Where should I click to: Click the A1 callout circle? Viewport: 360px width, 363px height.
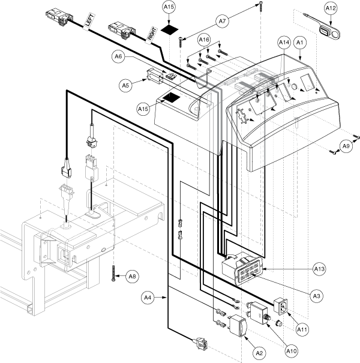point(300,43)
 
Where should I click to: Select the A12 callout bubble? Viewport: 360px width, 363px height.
point(331,8)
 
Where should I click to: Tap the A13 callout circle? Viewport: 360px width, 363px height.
point(319,269)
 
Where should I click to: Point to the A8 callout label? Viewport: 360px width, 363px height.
point(133,276)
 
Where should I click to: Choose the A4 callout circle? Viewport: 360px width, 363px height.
point(148,297)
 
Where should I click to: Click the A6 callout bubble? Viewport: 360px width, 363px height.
point(118,56)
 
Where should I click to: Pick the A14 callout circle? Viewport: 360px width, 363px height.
point(284,43)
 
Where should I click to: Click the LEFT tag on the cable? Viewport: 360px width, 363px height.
point(89,21)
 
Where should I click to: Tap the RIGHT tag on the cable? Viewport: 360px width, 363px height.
point(152,35)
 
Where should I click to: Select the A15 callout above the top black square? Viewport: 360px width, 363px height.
point(169,7)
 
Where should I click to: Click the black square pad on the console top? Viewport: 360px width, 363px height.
point(172,98)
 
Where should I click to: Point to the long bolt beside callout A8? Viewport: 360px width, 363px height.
point(113,274)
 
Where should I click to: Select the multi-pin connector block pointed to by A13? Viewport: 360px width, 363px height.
point(242,268)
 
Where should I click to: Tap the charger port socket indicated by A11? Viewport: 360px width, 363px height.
point(281,306)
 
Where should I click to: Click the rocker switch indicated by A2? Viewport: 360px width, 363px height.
point(238,325)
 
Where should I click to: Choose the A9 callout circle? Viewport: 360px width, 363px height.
point(346,146)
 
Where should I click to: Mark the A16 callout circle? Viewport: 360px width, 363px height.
point(204,40)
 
